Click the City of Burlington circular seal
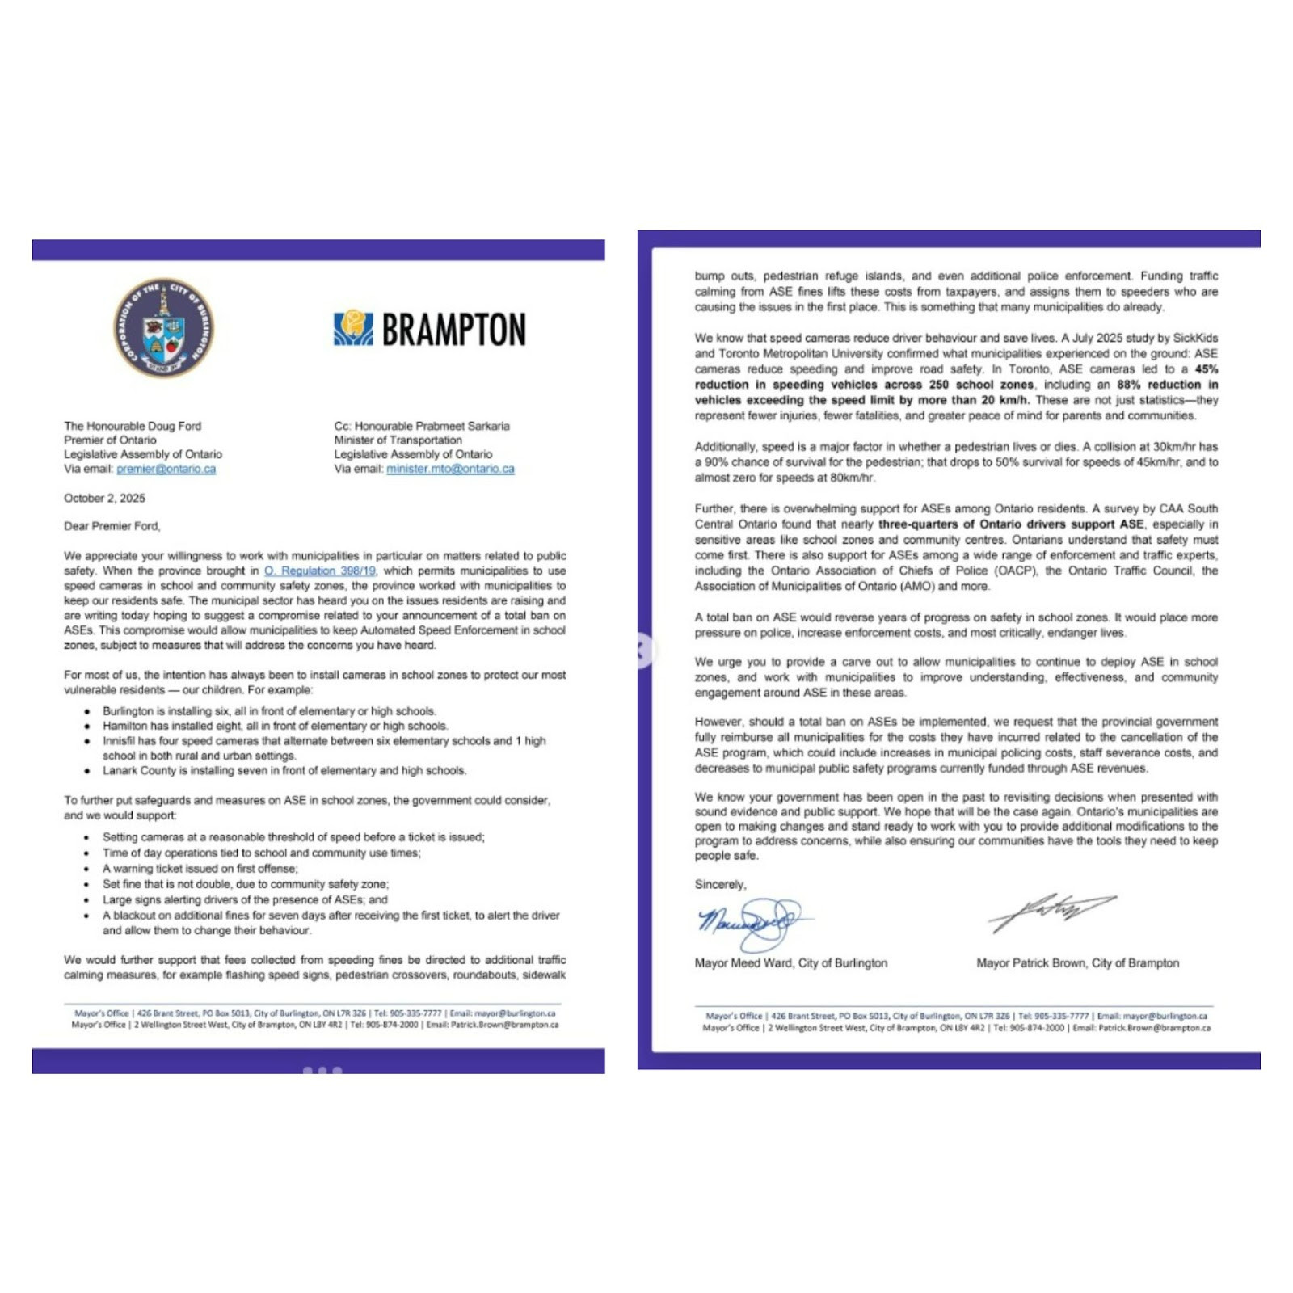pos(164,328)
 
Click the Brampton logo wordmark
pos(430,329)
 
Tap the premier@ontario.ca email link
pos(166,469)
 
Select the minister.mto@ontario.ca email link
pos(450,469)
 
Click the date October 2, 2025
pos(104,498)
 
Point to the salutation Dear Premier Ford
pos(112,526)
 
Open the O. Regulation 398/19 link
pos(320,571)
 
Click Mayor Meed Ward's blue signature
pos(750,923)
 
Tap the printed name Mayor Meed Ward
pos(790,963)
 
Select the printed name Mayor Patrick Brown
pos(1077,963)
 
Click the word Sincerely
pos(720,884)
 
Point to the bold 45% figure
pos(1206,369)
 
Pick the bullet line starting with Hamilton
pos(275,726)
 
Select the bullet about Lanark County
pos(284,770)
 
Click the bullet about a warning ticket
pos(200,868)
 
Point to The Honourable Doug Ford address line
pos(133,426)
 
